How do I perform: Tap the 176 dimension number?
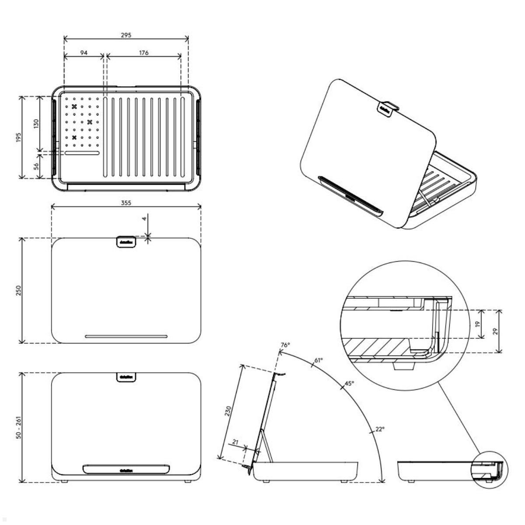pyautogui.click(x=144, y=52)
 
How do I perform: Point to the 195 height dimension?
pyautogui.click(x=16, y=137)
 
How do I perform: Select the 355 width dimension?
pyautogui.click(x=126, y=203)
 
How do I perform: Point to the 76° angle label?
pyautogui.click(x=285, y=345)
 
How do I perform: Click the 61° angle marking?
pyautogui.click(x=318, y=360)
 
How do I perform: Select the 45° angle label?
pyautogui.click(x=349, y=383)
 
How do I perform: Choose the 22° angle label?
pyautogui.click(x=379, y=429)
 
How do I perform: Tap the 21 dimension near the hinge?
pyautogui.click(x=235, y=442)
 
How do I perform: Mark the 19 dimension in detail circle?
pyautogui.click(x=478, y=324)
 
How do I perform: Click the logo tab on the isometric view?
pyautogui.click(x=385, y=108)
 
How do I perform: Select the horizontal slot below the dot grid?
pyautogui.click(x=82, y=153)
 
